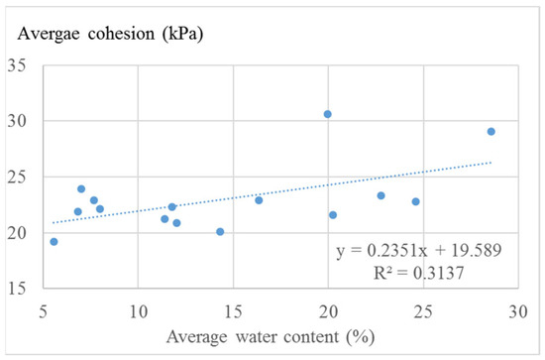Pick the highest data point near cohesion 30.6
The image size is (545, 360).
[x=328, y=114]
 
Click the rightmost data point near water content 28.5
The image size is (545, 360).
[x=490, y=131]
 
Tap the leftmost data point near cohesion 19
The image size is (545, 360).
[x=54, y=241]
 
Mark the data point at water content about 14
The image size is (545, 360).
[x=220, y=231]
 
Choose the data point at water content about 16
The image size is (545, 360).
[x=259, y=199]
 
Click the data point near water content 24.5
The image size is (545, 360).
[x=416, y=201]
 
